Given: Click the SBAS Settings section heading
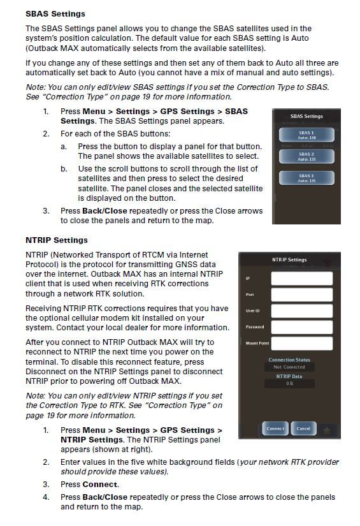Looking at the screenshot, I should (55, 13).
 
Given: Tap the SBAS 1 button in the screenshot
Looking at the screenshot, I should (306, 134).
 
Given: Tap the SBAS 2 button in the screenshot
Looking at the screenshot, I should (306, 156).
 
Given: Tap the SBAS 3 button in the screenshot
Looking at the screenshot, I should (306, 178).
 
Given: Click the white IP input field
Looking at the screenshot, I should (301, 278).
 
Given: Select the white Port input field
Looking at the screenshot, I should (301, 295).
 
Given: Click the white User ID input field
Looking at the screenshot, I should (301, 310).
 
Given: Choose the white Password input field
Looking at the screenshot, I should (301, 327).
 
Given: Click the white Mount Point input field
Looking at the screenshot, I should (301, 344).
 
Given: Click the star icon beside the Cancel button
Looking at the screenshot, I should (326, 429).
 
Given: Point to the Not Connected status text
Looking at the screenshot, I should (289, 367).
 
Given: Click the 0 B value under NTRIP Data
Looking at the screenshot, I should (289, 384).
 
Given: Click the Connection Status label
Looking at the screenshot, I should (289, 360).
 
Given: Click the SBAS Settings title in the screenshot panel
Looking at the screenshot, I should (306, 117).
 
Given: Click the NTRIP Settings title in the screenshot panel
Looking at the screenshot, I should (289, 260).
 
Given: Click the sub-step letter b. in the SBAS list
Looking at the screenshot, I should (64, 169).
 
